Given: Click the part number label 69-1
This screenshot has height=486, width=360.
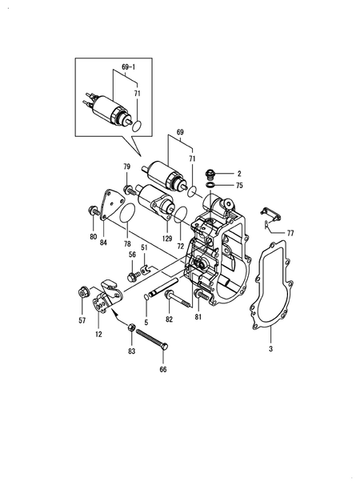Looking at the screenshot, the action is [128, 66].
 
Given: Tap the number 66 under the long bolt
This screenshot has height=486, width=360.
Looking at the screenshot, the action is [163, 369].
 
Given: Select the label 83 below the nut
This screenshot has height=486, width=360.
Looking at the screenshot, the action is [132, 351].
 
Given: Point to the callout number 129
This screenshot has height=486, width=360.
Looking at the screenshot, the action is [166, 239].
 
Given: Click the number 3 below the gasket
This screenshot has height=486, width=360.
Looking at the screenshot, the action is [270, 349].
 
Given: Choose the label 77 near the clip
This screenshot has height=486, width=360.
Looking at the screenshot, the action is [290, 233].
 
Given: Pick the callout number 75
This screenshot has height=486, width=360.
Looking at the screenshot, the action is [239, 186].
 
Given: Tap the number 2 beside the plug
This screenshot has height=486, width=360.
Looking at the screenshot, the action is [239, 174].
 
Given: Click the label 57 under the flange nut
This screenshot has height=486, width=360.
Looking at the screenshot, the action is [82, 320].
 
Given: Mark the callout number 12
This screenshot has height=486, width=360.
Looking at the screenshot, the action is [98, 334].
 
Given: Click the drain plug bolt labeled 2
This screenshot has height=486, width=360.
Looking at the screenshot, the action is [210, 174].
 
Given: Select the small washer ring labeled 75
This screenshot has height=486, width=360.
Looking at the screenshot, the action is [210, 185].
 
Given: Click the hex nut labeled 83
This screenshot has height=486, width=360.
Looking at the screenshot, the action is [131, 327].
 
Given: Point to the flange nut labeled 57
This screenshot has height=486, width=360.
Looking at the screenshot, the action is [82, 292].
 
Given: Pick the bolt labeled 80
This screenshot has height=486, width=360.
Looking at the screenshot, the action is [94, 211].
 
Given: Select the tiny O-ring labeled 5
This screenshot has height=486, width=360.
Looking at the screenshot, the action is [146, 297].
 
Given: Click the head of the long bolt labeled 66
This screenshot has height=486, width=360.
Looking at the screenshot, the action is [164, 346].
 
